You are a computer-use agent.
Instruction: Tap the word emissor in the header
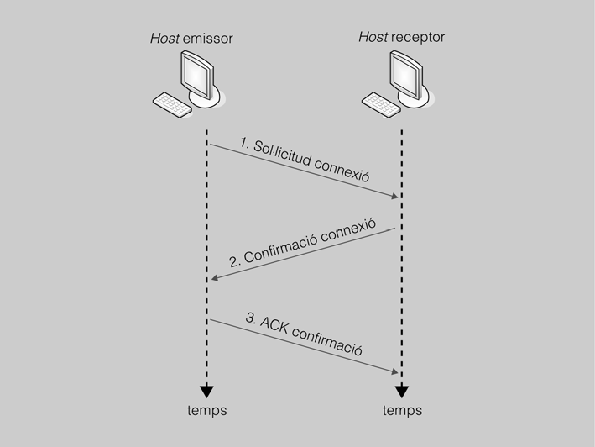click(206, 39)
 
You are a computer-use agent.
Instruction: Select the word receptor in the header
click(418, 38)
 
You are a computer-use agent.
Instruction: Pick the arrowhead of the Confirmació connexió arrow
click(216, 279)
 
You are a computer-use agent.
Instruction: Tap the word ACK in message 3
click(277, 324)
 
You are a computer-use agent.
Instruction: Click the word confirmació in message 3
click(328, 339)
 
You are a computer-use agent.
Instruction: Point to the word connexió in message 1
click(342, 173)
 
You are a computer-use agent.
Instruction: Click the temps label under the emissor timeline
click(206, 410)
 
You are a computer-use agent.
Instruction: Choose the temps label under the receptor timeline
click(402, 410)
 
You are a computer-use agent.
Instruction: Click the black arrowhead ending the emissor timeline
click(206, 390)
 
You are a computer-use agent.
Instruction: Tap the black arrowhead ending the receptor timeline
click(402, 390)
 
